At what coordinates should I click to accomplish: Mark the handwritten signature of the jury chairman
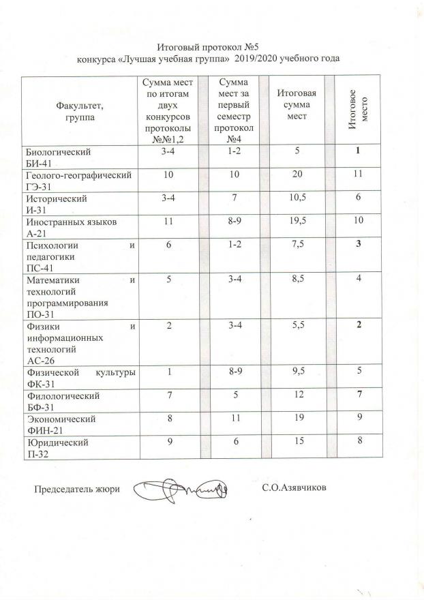(x=181, y=490)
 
